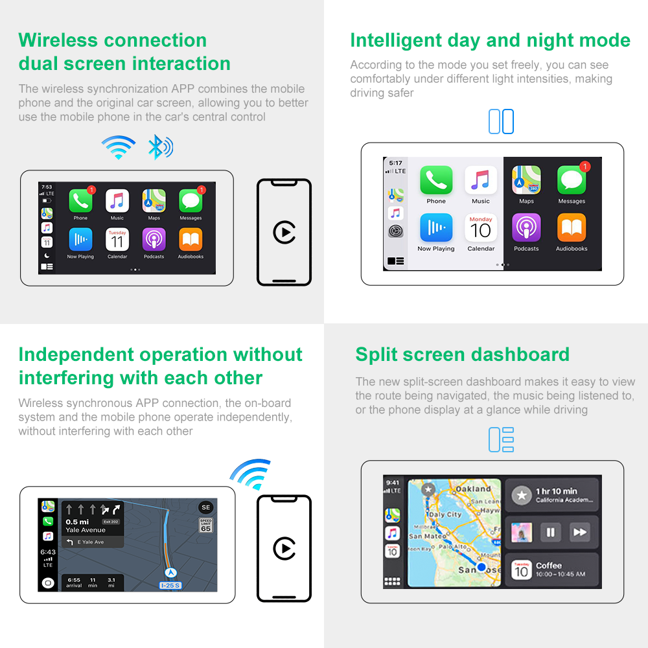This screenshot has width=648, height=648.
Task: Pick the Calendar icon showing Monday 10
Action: click(x=481, y=227)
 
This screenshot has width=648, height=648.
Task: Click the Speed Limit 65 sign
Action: click(x=205, y=525)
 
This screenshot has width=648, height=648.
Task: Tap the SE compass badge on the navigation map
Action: click(x=205, y=507)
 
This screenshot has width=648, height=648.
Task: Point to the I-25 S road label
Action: click(x=171, y=586)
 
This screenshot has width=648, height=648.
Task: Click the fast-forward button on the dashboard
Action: click(x=579, y=533)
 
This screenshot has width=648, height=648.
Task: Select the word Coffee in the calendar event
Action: click(x=548, y=566)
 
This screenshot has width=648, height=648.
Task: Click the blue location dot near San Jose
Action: click(x=481, y=568)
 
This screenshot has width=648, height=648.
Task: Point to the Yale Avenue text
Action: click(x=86, y=530)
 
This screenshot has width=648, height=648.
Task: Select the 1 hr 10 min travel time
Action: click(x=556, y=491)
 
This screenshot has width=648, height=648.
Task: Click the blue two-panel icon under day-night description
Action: click(x=501, y=122)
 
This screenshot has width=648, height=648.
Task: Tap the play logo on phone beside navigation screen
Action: click(x=284, y=548)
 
